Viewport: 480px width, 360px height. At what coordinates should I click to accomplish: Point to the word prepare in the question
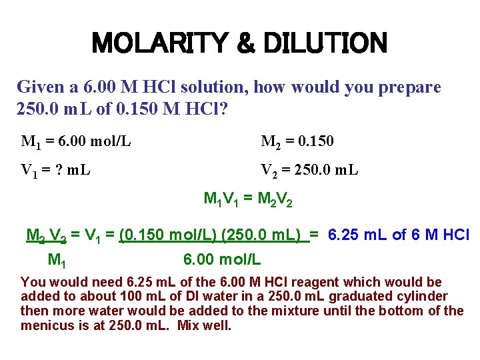[x=410, y=87]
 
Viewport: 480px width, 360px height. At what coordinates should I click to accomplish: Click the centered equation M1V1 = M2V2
[x=248, y=199]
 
